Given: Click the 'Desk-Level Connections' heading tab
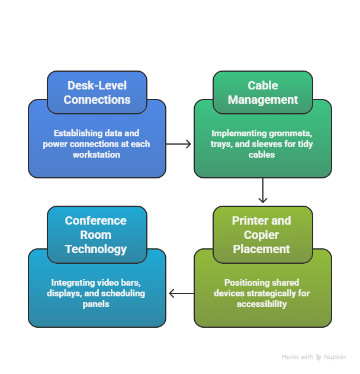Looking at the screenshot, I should click(97, 92).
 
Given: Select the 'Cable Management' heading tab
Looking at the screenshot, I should click(263, 92).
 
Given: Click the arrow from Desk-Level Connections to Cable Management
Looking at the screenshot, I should click(180, 144).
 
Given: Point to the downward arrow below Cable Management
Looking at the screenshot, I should click(263, 192).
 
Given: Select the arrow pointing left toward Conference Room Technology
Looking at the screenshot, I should click(180, 293).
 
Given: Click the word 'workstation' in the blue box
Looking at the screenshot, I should click(97, 155).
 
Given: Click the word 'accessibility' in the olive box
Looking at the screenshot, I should click(262, 304).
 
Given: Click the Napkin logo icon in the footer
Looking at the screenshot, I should click(319, 357).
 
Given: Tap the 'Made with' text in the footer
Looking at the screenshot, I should click(297, 357).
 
